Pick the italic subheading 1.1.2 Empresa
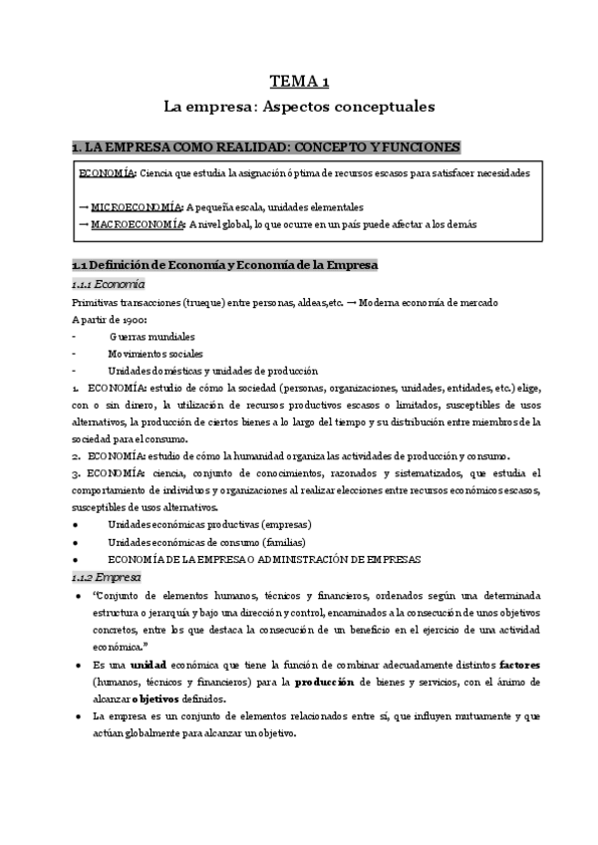click(107, 577)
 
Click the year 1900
click(133, 319)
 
